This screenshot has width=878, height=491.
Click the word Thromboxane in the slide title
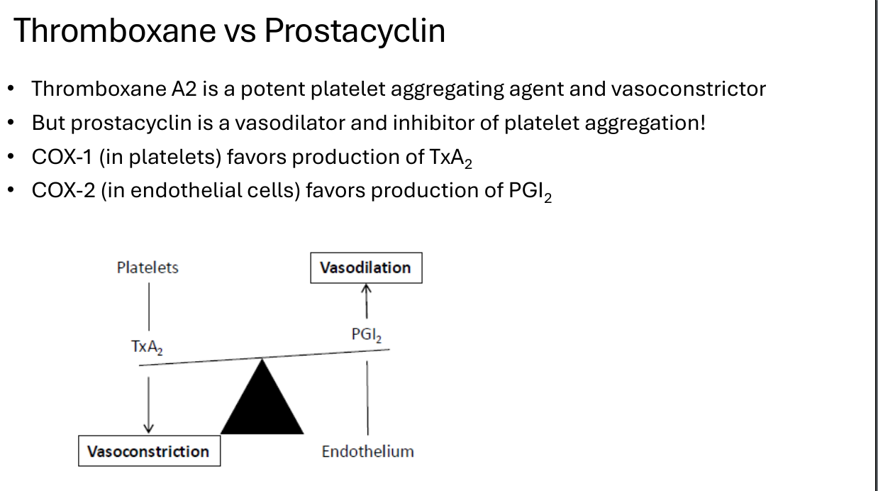pyautogui.click(x=115, y=31)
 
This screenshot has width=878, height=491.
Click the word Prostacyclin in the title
pyautogui.click(x=355, y=31)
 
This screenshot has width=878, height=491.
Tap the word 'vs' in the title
pyautogui.click(x=240, y=33)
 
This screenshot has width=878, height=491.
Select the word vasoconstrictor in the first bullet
pyautogui.click(x=689, y=89)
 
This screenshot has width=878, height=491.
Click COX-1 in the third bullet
pyautogui.click(x=62, y=157)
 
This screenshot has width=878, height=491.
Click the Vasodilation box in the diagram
pyautogui.click(x=366, y=268)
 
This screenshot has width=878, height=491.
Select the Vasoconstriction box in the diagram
pyautogui.click(x=150, y=451)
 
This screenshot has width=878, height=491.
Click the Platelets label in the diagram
pyautogui.click(x=148, y=267)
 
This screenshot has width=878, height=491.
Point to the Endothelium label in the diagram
pyautogui.click(x=367, y=451)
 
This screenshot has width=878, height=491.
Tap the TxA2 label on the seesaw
pyautogui.click(x=147, y=348)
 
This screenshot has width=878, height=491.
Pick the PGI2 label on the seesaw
pyautogui.click(x=367, y=335)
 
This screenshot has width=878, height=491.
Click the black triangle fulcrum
pyautogui.click(x=262, y=404)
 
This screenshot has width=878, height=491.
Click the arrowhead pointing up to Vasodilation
pyautogui.click(x=366, y=288)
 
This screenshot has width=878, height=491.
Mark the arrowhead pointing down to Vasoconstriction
pyautogui.click(x=148, y=429)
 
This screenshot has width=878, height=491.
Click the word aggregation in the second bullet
pyautogui.click(x=645, y=123)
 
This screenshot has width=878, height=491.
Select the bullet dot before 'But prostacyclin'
pyautogui.click(x=11, y=123)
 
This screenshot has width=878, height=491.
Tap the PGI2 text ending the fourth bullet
pyautogui.click(x=530, y=192)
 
